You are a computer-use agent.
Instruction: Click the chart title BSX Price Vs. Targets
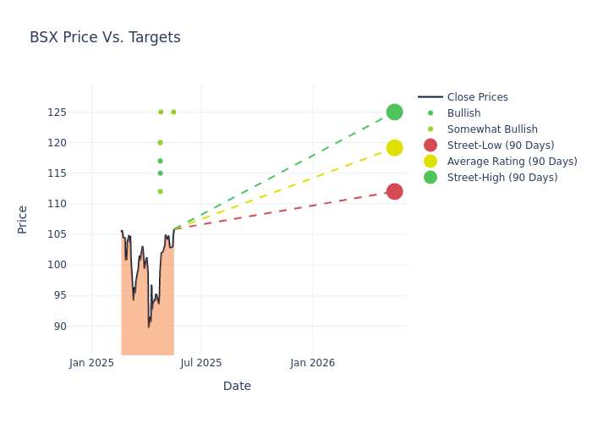105,37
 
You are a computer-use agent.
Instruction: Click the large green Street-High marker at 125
395,113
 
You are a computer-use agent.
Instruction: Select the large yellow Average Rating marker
395,148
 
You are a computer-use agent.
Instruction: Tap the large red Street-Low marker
395,191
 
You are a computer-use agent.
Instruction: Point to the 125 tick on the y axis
57,113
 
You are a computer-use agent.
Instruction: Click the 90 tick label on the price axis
60,326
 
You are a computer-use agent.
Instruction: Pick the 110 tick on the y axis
57,204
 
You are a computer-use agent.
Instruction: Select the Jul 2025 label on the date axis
201,363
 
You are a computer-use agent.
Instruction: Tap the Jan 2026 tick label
313,363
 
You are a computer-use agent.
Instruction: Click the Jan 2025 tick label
91,363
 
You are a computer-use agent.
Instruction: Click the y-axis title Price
22,220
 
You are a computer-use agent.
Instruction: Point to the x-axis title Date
237,386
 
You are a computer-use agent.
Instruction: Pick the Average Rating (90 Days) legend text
513,162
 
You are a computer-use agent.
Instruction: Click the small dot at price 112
160,191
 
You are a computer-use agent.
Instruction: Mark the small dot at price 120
160,143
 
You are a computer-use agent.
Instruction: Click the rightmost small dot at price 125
173,113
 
